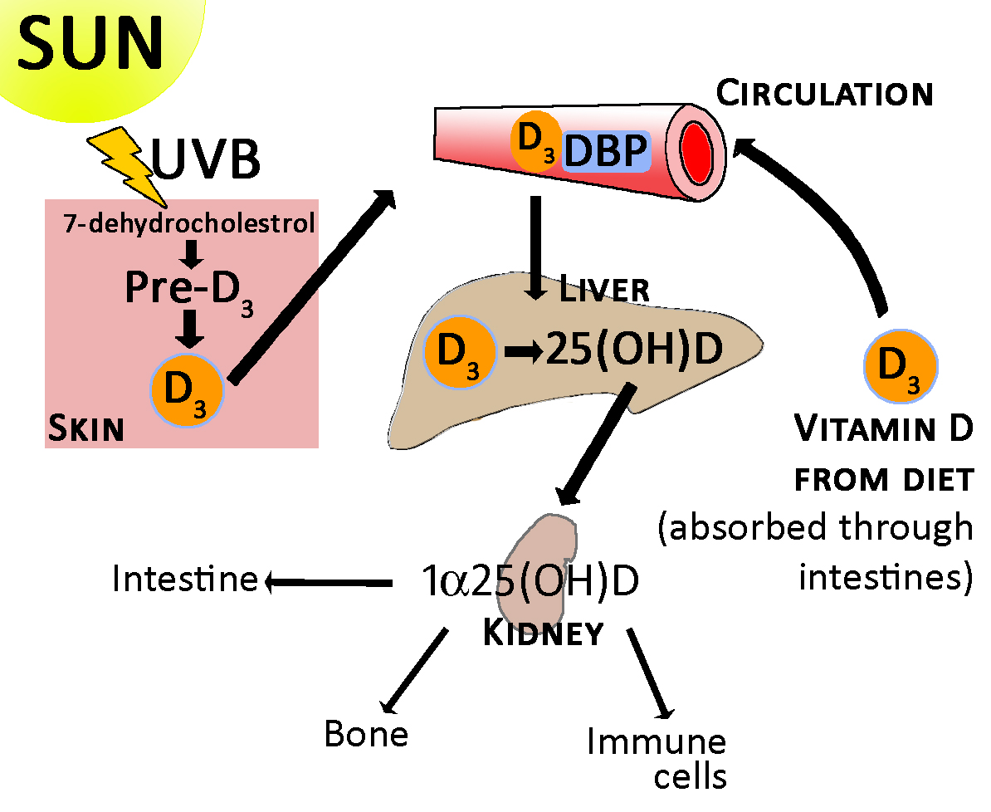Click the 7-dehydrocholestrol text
click(x=190, y=223)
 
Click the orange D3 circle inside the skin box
click(x=187, y=389)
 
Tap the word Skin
click(x=85, y=429)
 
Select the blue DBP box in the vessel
click(x=605, y=153)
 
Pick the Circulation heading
click(x=824, y=94)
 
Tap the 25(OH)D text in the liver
click(x=632, y=350)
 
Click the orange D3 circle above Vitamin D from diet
click(x=901, y=364)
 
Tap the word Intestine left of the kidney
click(x=184, y=579)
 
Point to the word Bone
click(x=366, y=734)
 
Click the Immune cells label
click(x=656, y=757)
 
